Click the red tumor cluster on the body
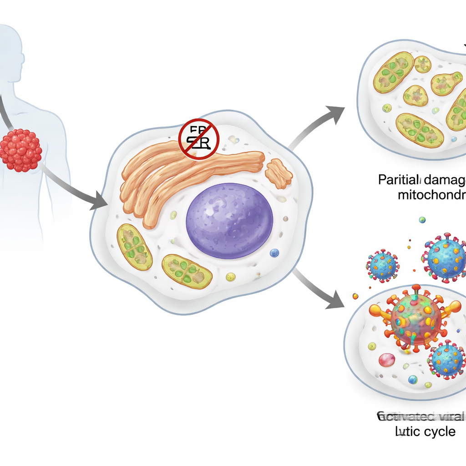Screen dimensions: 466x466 (21, 150)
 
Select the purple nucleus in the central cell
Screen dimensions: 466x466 (229, 221)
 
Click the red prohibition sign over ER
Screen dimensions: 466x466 (199, 139)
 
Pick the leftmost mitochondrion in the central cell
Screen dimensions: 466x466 (134, 247)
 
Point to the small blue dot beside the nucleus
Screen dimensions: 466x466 (274, 253)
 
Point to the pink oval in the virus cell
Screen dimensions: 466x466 (387, 360)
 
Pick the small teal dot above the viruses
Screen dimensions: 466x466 (422, 220)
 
